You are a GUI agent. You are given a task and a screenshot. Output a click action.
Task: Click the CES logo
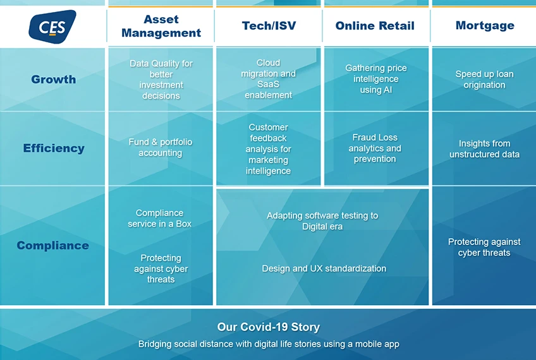point(52,27)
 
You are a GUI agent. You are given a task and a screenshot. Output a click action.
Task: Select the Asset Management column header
point(161,26)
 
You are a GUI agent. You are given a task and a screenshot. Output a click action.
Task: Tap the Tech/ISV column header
point(269,26)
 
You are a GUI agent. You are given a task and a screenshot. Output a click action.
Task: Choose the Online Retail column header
point(375,26)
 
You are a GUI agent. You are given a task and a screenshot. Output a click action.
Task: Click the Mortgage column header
point(485,25)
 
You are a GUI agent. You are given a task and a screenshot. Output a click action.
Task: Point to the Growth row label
point(53,79)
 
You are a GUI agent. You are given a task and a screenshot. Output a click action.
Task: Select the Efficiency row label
point(54,148)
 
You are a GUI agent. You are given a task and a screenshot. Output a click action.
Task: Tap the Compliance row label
point(52,245)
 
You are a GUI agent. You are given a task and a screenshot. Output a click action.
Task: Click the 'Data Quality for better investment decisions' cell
point(161,80)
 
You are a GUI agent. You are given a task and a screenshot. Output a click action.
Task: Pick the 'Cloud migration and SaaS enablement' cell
point(269,79)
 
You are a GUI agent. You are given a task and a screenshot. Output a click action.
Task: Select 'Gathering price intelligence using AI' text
point(376,79)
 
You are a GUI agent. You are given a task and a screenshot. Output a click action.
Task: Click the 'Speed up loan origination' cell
point(484,79)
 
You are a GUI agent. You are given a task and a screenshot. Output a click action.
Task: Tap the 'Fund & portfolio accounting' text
point(161,147)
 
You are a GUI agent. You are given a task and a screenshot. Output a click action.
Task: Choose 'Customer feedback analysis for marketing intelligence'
point(269,149)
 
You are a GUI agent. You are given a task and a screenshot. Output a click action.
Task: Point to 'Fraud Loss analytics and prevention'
point(375,148)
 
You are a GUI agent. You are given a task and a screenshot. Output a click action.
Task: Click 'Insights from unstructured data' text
point(484,149)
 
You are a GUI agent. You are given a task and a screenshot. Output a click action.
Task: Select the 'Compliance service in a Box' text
point(160,219)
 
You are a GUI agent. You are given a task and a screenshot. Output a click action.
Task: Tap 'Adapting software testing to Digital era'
point(322,221)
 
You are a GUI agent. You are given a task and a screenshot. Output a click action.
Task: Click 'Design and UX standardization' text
point(324,268)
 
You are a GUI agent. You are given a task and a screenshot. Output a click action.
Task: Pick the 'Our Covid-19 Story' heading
point(269,327)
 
